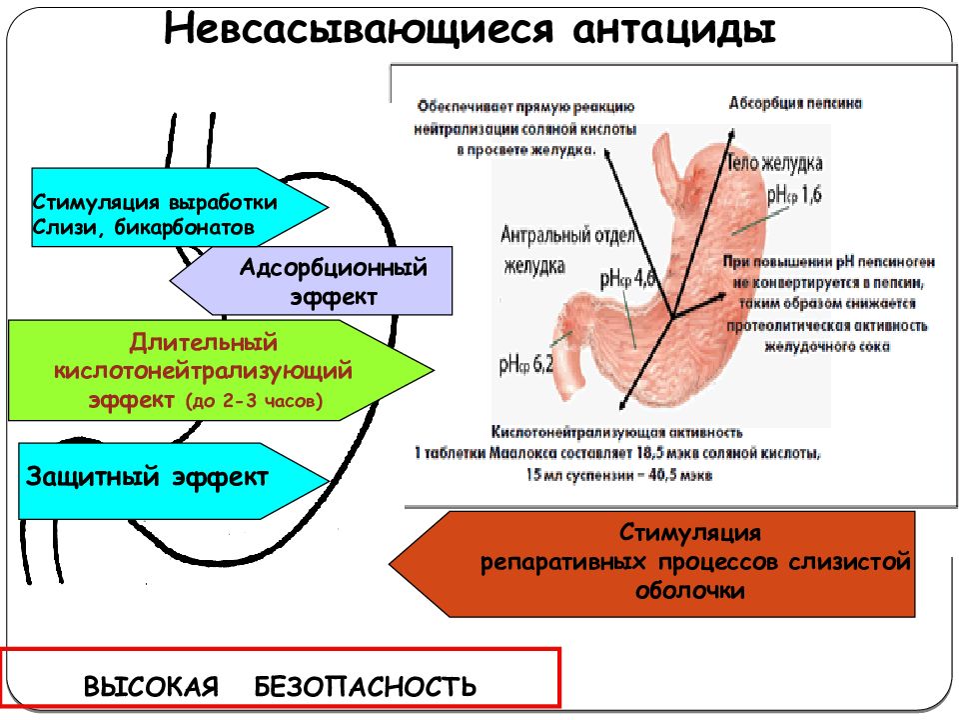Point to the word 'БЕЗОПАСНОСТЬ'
click(x=366, y=687)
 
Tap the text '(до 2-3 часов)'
click(x=255, y=402)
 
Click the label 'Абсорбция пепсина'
click(x=795, y=104)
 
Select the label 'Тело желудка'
click(x=775, y=163)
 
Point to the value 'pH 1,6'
click(x=795, y=195)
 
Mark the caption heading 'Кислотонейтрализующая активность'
click(x=616, y=433)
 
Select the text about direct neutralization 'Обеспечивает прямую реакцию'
click(x=525, y=107)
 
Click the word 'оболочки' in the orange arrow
click(x=690, y=590)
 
